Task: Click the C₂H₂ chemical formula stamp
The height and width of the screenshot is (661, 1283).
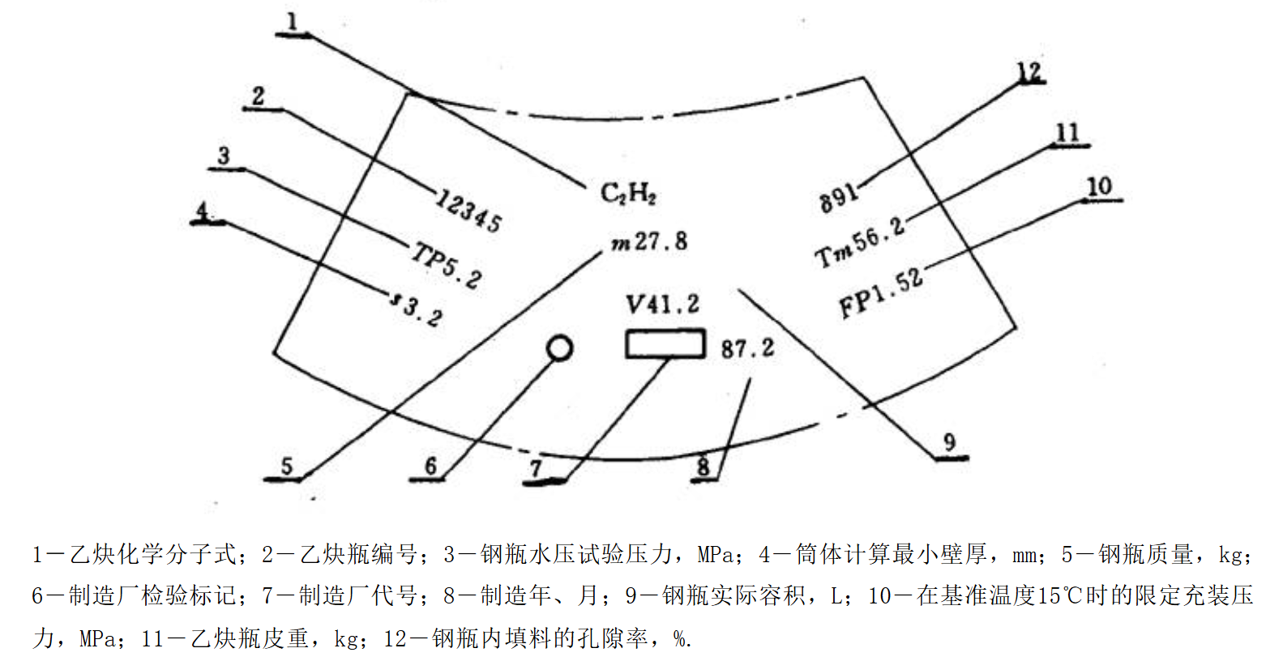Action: click(628, 193)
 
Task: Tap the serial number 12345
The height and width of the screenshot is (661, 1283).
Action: click(469, 210)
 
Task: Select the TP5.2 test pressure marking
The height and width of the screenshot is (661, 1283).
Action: click(447, 265)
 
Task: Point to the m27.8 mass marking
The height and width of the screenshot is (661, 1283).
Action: click(649, 241)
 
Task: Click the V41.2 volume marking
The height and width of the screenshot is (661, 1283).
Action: click(662, 305)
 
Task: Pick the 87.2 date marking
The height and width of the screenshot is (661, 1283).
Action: click(747, 348)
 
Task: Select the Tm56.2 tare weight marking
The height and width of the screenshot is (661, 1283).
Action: click(859, 242)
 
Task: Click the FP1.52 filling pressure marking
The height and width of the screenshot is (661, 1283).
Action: click(880, 292)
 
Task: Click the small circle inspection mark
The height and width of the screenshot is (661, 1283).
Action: click(559, 348)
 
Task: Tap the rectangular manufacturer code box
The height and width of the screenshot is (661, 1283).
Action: click(665, 343)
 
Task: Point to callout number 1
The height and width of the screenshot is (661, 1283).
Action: click(292, 22)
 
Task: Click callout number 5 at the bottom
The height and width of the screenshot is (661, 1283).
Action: click(286, 466)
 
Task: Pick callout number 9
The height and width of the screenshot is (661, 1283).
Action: click(949, 442)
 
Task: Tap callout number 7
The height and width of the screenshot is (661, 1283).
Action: click(536, 468)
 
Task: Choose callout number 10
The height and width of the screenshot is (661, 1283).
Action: click(1099, 186)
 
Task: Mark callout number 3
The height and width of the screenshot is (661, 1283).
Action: click(224, 156)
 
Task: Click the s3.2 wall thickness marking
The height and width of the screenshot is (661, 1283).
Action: click(417, 308)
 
